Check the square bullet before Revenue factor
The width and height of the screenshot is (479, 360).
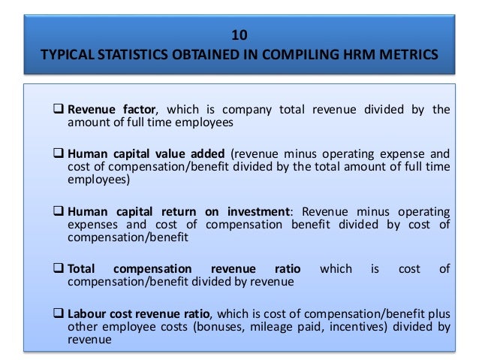coord(59,110)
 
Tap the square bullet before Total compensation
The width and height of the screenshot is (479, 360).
coord(59,268)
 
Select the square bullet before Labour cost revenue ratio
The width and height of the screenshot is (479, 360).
coord(59,313)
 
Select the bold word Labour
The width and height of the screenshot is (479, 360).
coord(89,313)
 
